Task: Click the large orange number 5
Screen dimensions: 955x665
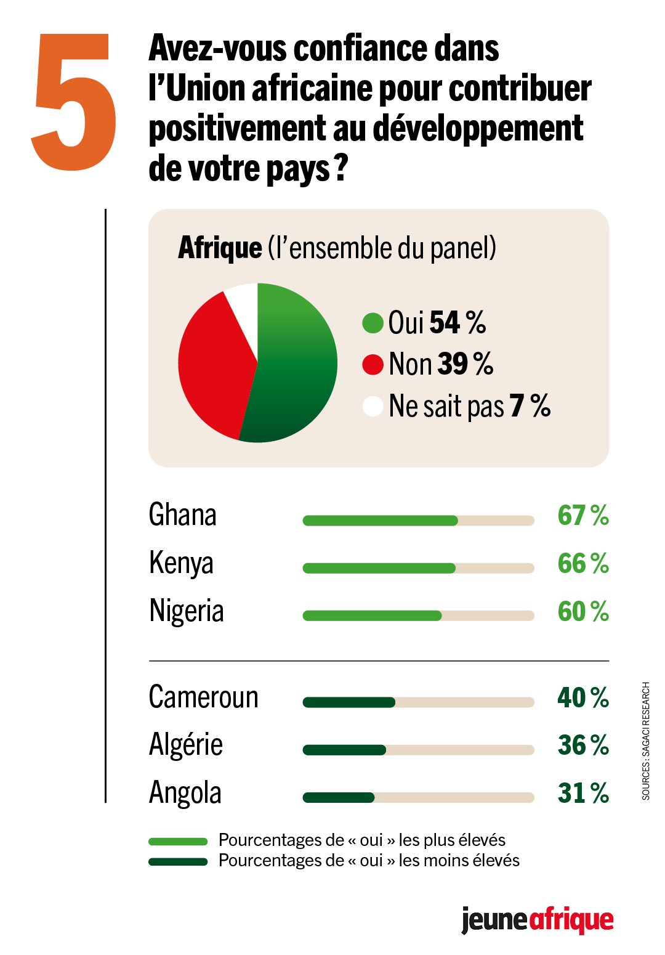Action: (74, 102)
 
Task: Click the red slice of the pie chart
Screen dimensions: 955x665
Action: (212, 364)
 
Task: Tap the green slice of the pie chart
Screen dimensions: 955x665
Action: (296, 370)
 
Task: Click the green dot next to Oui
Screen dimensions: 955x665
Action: (373, 323)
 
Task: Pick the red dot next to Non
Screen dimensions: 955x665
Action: (373, 364)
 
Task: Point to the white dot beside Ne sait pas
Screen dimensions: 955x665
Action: (373, 406)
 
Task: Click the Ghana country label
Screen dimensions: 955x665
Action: (182, 515)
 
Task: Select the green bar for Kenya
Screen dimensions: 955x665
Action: (379, 568)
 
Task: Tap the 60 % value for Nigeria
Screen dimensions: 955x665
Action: (582, 611)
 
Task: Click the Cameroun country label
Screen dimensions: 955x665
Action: (203, 697)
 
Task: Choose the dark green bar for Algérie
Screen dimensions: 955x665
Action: (344, 750)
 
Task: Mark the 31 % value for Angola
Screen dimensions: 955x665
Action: (582, 793)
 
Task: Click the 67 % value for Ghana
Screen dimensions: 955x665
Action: (582, 515)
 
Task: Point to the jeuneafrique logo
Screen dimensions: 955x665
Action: (537, 920)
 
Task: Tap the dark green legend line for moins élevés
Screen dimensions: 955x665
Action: (178, 861)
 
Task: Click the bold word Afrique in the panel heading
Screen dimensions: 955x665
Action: (220, 248)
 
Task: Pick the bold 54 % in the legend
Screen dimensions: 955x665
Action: (457, 323)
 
